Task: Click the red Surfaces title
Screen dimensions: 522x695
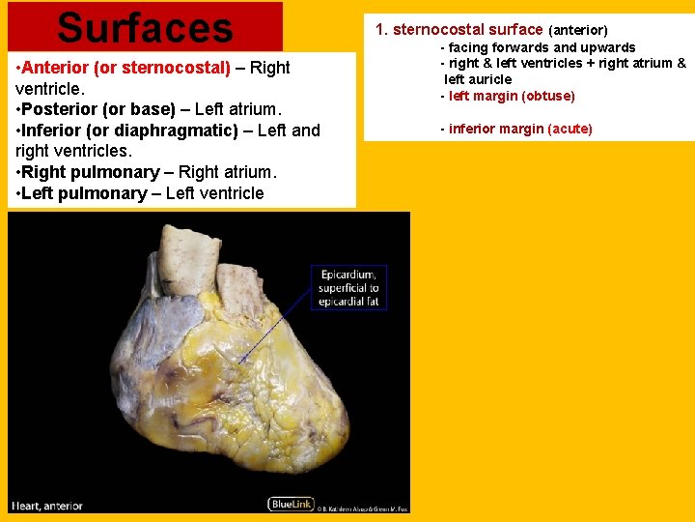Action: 145,27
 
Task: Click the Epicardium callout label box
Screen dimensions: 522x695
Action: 348,288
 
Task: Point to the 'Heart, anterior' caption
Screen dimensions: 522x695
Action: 47,506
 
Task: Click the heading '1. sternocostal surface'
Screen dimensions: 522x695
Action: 459,30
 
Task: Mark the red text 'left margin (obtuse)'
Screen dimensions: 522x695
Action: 512,96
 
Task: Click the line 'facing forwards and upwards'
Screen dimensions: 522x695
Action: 542,47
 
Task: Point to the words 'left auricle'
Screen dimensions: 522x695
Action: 478,79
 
